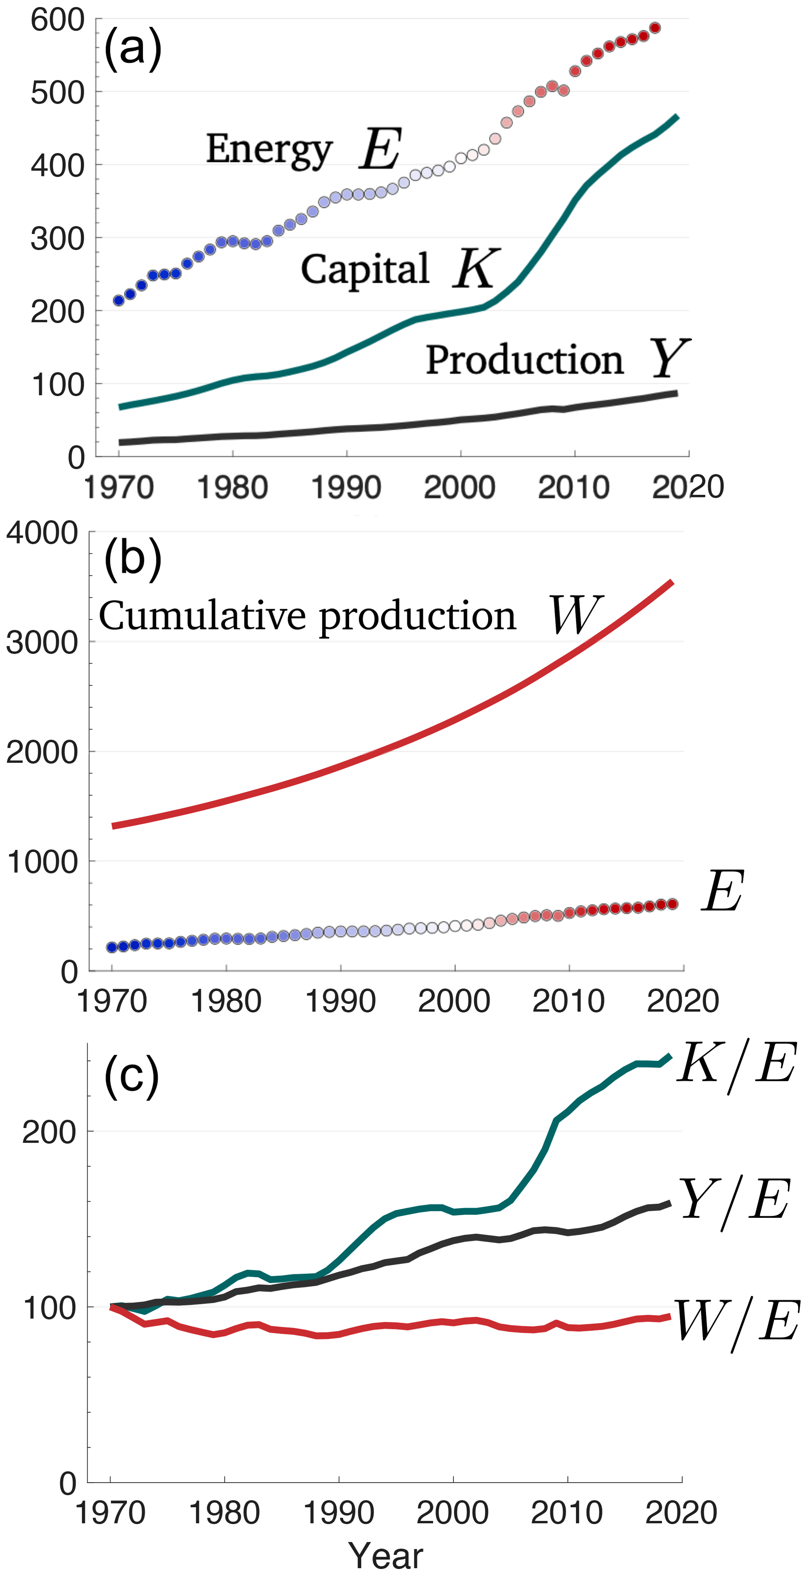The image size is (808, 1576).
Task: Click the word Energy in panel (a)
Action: [x=269, y=149]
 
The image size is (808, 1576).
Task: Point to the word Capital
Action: [x=365, y=269]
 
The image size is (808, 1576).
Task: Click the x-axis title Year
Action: [x=385, y=1556]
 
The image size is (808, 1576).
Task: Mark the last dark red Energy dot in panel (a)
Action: [x=655, y=27]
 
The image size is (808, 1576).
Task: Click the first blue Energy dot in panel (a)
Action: [x=119, y=300]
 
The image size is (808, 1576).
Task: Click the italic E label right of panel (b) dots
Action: [x=722, y=892]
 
